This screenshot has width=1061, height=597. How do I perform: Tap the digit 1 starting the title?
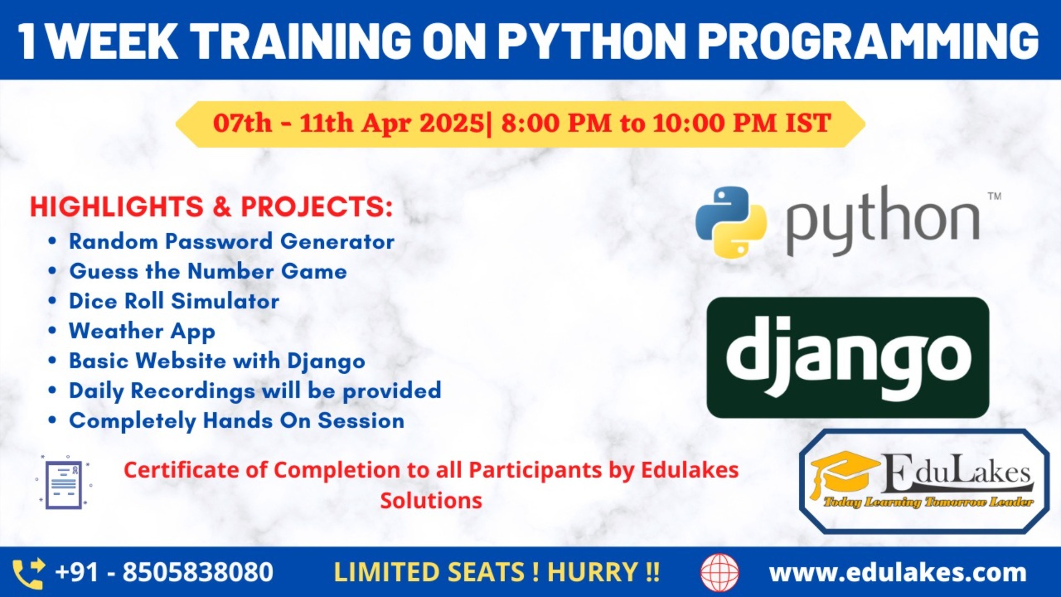(x=28, y=42)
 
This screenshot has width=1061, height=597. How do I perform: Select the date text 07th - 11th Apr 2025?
(x=348, y=123)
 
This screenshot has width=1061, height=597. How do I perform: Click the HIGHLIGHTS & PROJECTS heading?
(x=211, y=207)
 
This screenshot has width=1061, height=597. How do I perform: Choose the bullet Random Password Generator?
(x=231, y=242)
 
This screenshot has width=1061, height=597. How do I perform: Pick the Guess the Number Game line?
(x=208, y=271)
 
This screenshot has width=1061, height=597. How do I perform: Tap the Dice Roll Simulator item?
(x=174, y=301)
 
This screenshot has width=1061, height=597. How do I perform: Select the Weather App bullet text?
(x=142, y=331)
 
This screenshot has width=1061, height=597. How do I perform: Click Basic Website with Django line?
(x=217, y=361)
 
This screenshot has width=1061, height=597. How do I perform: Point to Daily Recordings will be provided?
(x=255, y=391)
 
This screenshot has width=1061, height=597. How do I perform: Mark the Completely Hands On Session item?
(x=237, y=421)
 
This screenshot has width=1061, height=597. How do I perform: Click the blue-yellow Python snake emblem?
(x=731, y=222)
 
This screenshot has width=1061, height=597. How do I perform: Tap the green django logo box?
(x=847, y=357)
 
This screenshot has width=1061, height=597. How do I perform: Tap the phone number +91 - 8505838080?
(x=164, y=572)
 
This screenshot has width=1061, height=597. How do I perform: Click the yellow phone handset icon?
(x=28, y=573)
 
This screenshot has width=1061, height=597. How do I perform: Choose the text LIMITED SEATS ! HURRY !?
(x=496, y=572)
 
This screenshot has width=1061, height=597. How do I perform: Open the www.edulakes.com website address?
(x=897, y=573)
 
